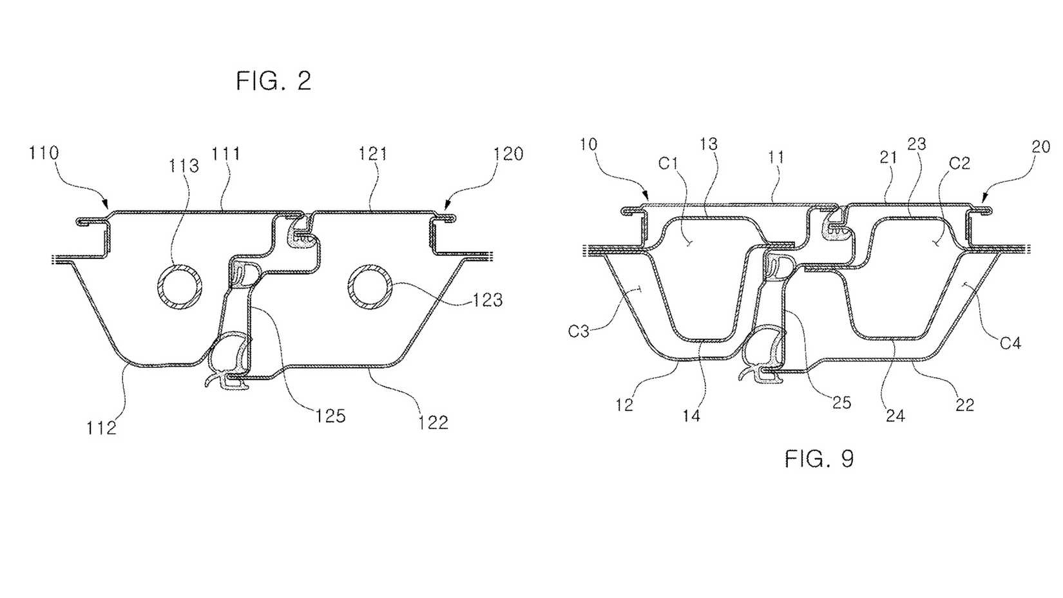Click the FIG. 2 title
[x=273, y=81]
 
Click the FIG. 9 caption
[x=819, y=459]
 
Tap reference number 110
[x=44, y=153]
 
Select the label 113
[x=184, y=166]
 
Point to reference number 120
[x=508, y=154]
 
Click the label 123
[x=487, y=300]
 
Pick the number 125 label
[x=330, y=416]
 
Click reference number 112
[x=102, y=427]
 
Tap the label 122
[x=433, y=422]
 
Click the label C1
[x=669, y=164]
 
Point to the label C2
[x=959, y=163]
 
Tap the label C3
[x=579, y=332]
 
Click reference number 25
[x=841, y=403]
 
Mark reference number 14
[x=691, y=416]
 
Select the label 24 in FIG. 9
[x=895, y=416]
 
